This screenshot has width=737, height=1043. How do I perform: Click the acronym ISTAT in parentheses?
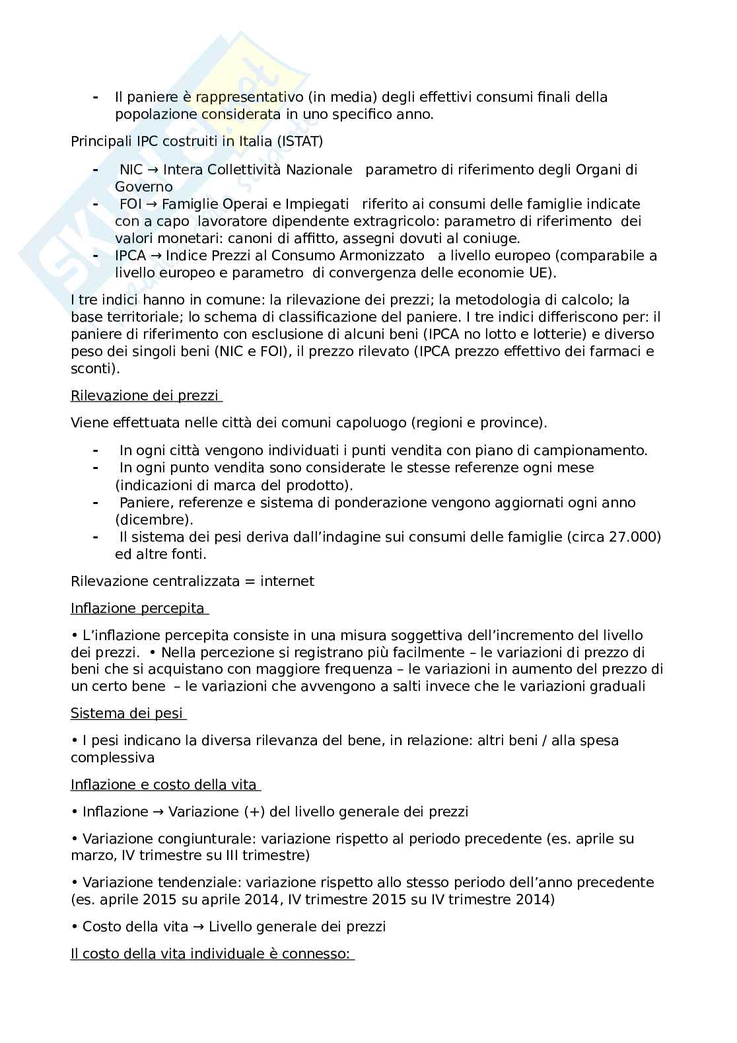[x=300, y=141]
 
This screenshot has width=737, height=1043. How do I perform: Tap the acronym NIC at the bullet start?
[x=131, y=170]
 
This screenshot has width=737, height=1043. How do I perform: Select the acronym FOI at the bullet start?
[x=130, y=204]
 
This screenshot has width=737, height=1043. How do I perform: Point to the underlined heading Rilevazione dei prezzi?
[x=145, y=396]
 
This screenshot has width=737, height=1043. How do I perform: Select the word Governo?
[x=144, y=187]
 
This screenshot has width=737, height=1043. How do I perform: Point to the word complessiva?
[x=112, y=758]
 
